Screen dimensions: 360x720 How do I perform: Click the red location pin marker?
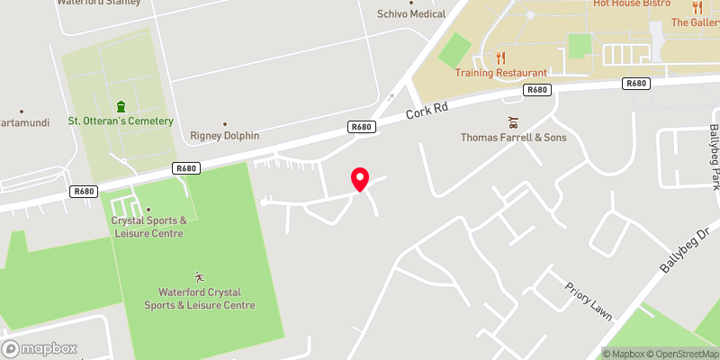point(360,179)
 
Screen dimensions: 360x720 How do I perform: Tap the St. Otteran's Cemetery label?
point(120,121)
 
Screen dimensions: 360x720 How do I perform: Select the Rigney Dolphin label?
point(225,136)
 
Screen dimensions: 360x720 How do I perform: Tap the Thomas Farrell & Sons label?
point(514,138)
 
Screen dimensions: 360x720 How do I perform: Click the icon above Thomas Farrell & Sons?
point(514,122)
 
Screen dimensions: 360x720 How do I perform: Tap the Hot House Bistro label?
point(632,4)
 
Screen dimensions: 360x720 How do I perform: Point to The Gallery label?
point(694,22)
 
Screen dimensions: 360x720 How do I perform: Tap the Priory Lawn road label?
point(589,301)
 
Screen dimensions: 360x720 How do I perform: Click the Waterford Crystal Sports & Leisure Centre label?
point(199,299)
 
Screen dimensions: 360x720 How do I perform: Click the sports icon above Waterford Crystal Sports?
point(199,277)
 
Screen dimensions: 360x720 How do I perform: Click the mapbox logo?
point(39,349)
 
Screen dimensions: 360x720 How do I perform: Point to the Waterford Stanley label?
point(98,3)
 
